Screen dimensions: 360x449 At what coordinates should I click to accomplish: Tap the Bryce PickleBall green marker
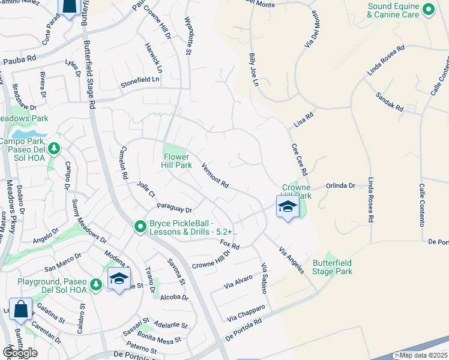pos(140,226)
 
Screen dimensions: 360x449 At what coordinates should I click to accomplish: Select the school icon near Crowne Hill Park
pos(288,208)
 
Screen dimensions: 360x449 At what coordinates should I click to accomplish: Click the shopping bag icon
pos(20,310)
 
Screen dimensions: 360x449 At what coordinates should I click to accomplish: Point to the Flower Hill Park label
pos(177,161)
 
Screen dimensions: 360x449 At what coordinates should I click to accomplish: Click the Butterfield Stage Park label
pos(332,267)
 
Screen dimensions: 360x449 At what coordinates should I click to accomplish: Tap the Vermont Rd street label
pos(215,176)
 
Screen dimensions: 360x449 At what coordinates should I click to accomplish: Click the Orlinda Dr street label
pos(341,186)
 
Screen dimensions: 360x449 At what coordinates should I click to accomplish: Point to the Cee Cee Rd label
pos(299,159)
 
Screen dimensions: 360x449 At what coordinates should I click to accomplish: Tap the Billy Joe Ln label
pos(253,69)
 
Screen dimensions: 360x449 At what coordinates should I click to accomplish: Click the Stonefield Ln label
pos(140,79)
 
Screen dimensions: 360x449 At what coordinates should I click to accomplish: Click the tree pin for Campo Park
pos(53,147)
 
